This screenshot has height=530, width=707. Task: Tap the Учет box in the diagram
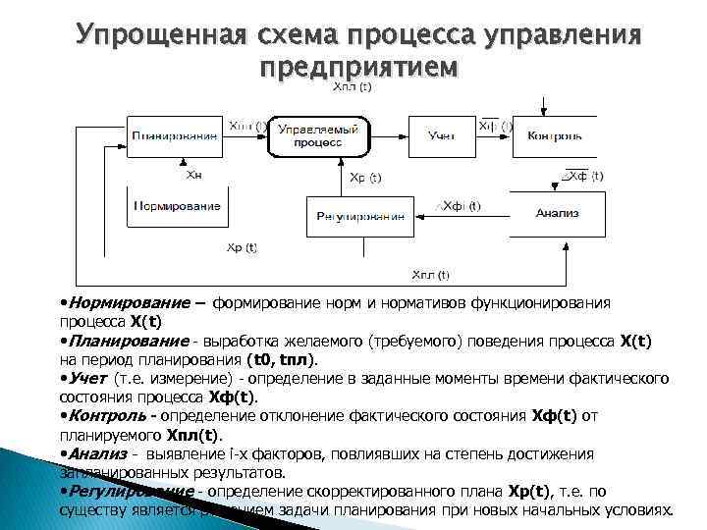pos(442,136)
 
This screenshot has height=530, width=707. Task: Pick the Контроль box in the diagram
pos(556,136)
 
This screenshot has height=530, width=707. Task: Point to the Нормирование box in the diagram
pos(178,207)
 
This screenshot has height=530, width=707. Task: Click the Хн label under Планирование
pos(193,174)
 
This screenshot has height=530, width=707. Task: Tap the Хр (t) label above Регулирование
pos(365,179)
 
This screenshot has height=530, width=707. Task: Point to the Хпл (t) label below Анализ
pos(430,275)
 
